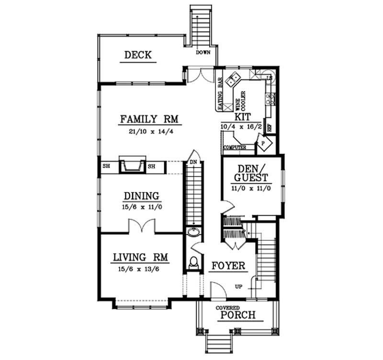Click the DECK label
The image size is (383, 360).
pyautogui.click(x=138, y=55)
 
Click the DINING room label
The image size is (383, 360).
pyautogui.click(x=141, y=196)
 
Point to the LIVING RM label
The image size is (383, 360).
pyautogui.click(x=140, y=257)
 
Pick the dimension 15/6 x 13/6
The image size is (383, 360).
pyautogui.click(x=140, y=270)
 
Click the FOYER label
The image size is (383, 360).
pyautogui.click(x=228, y=266)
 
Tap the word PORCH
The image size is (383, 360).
pyautogui.click(x=235, y=315)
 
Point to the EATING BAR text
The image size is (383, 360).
pyautogui.click(x=221, y=94)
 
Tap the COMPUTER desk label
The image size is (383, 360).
pyautogui.click(x=235, y=147)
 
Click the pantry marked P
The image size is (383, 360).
pyautogui.click(x=263, y=143)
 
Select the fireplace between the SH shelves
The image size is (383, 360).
pyautogui.click(x=131, y=165)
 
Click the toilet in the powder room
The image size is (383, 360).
pyautogui.click(x=193, y=262)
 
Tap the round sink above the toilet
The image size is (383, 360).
pyautogui.click(x=193, y=233)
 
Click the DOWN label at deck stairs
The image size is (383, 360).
pyautogui.click(x=203, y=53)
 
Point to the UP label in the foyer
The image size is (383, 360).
pyautogui.click(x=238, y=286)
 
